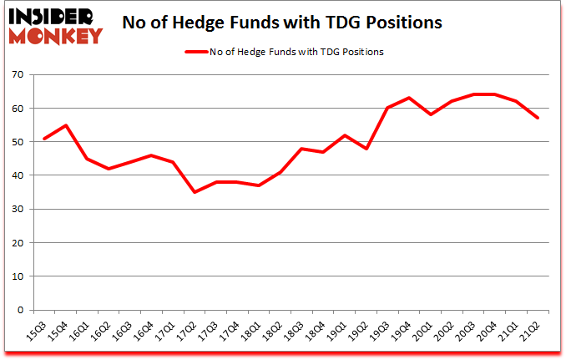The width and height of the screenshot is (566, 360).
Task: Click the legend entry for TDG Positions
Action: coord(285,52)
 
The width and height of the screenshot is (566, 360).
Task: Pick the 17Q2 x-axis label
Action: coord(187,329)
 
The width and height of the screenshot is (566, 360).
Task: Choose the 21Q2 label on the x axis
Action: coord(530,329)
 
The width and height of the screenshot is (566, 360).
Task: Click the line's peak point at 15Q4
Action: coord(65,125)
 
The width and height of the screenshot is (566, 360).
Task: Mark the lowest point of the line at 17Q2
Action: coord(194,192)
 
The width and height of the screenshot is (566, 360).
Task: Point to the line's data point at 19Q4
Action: coord(409,98)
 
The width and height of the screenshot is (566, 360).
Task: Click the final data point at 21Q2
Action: coord(538,118)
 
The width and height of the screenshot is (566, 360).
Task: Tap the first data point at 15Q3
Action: coord(43,139)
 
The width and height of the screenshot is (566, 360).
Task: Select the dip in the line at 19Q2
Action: coord(366,149)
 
